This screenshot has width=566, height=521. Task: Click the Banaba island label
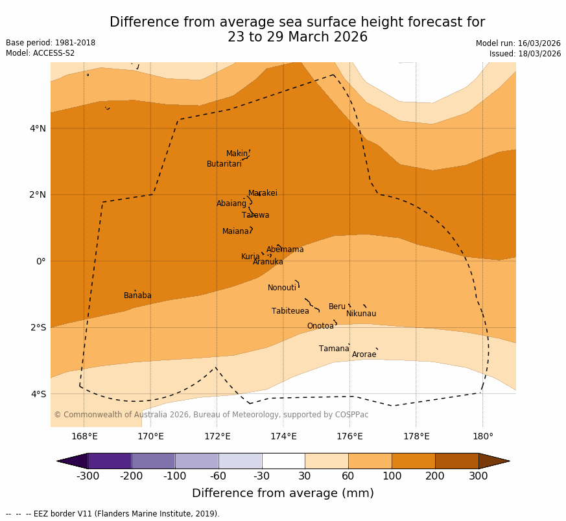137,295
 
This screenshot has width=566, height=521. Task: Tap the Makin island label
237,154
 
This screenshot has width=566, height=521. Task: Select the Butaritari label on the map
224,164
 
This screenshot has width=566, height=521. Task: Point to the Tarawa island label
255,215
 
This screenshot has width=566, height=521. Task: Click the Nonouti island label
282,288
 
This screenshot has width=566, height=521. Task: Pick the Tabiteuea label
290,311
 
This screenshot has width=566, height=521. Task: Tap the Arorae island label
364,354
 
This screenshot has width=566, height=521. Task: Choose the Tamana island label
334,349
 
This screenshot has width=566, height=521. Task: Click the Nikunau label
361,314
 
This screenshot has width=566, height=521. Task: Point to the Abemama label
285,249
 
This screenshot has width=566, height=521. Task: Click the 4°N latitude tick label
38,128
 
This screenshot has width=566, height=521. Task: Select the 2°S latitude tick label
38,327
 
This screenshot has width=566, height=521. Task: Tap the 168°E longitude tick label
84,436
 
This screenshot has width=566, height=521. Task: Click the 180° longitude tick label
482,436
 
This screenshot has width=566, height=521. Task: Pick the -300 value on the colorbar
88,476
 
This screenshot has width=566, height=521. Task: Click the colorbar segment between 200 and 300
456,461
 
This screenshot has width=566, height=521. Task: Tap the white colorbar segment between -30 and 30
283,461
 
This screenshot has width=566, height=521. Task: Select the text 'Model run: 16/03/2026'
518,43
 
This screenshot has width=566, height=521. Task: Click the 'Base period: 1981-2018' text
51,43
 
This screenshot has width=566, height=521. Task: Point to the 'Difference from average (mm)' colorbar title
283,493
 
